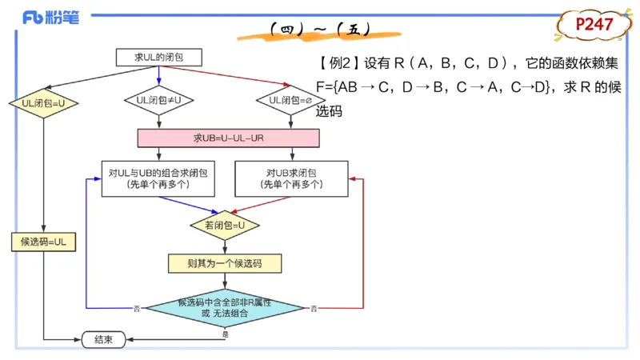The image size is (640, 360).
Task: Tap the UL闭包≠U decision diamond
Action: [159, 101]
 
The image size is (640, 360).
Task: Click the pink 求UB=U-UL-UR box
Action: [228, 138]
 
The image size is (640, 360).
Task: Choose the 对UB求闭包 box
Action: [291, 178]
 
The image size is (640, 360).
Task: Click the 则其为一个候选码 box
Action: [225, 262]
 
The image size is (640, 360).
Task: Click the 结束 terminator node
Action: [104, 339]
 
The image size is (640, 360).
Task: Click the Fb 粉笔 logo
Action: [51, 18]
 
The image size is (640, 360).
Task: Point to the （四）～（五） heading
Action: [320, 30]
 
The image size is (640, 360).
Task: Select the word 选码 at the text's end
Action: [329, 111]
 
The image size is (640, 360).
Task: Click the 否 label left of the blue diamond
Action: [137, 309]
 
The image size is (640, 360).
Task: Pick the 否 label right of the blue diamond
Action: [314, 309]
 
